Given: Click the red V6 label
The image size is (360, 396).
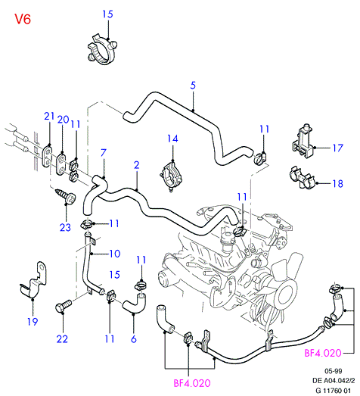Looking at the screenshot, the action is pos(23,19).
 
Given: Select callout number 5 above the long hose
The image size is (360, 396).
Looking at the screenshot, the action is pos(193,86).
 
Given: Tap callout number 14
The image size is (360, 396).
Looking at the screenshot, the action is pos(172,139).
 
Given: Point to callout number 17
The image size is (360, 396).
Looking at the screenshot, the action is pos(338,148).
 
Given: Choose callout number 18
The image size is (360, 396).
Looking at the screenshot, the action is pos(338,183).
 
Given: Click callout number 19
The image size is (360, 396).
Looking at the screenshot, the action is pos(33,322).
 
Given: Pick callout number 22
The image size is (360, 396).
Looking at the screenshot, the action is pos(62,339).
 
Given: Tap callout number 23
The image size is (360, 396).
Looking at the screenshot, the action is pos(65,228).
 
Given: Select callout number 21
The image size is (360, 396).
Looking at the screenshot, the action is pos(49,116).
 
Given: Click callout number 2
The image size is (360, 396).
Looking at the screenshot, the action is pos(136,165).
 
